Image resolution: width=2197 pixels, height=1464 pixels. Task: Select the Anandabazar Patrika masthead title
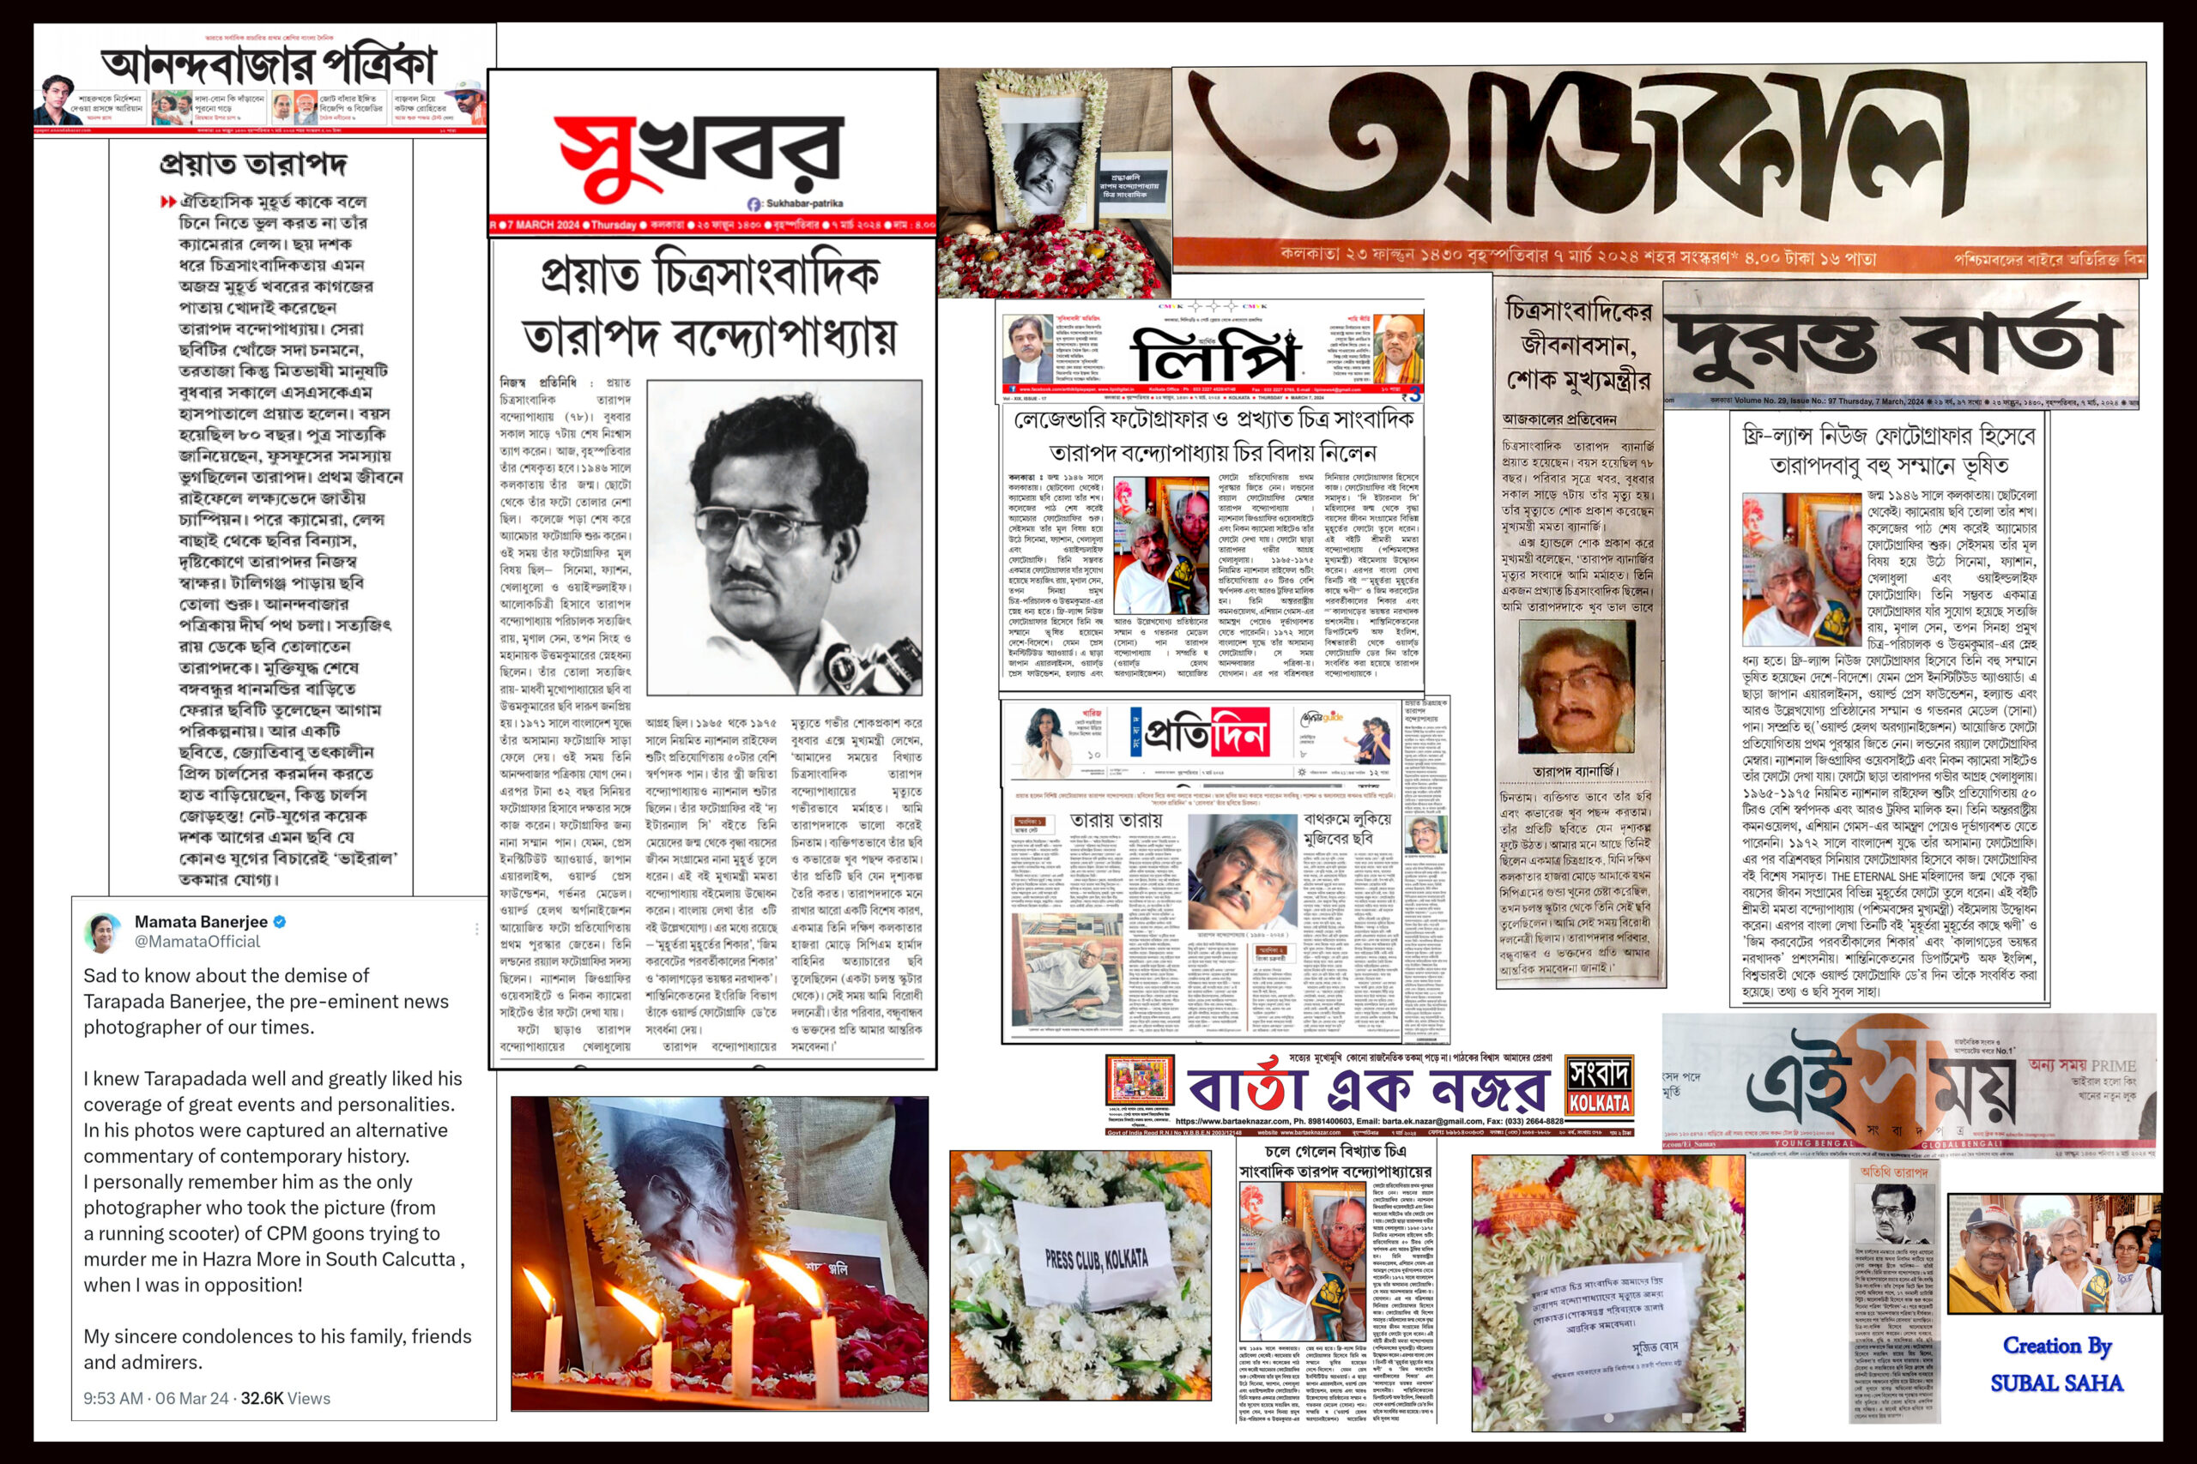[268, 65]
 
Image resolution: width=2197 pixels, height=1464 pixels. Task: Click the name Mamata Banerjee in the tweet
[201, 921]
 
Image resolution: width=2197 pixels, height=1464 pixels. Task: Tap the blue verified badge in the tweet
[279, 921]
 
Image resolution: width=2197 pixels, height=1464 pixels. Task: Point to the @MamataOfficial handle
[197, 941]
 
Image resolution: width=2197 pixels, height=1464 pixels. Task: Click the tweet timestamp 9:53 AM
[113, 1398]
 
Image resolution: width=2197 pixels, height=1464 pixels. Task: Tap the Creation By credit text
[2056, 1346]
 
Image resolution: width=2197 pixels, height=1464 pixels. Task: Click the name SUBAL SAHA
[2056, 1383]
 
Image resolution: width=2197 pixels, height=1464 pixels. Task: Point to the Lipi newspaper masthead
[1214, 355]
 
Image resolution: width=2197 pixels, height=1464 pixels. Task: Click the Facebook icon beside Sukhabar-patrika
[754, 203]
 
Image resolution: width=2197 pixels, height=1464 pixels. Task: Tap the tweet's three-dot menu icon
[476, 929]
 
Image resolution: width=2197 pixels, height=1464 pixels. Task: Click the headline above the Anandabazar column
[252, 165]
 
